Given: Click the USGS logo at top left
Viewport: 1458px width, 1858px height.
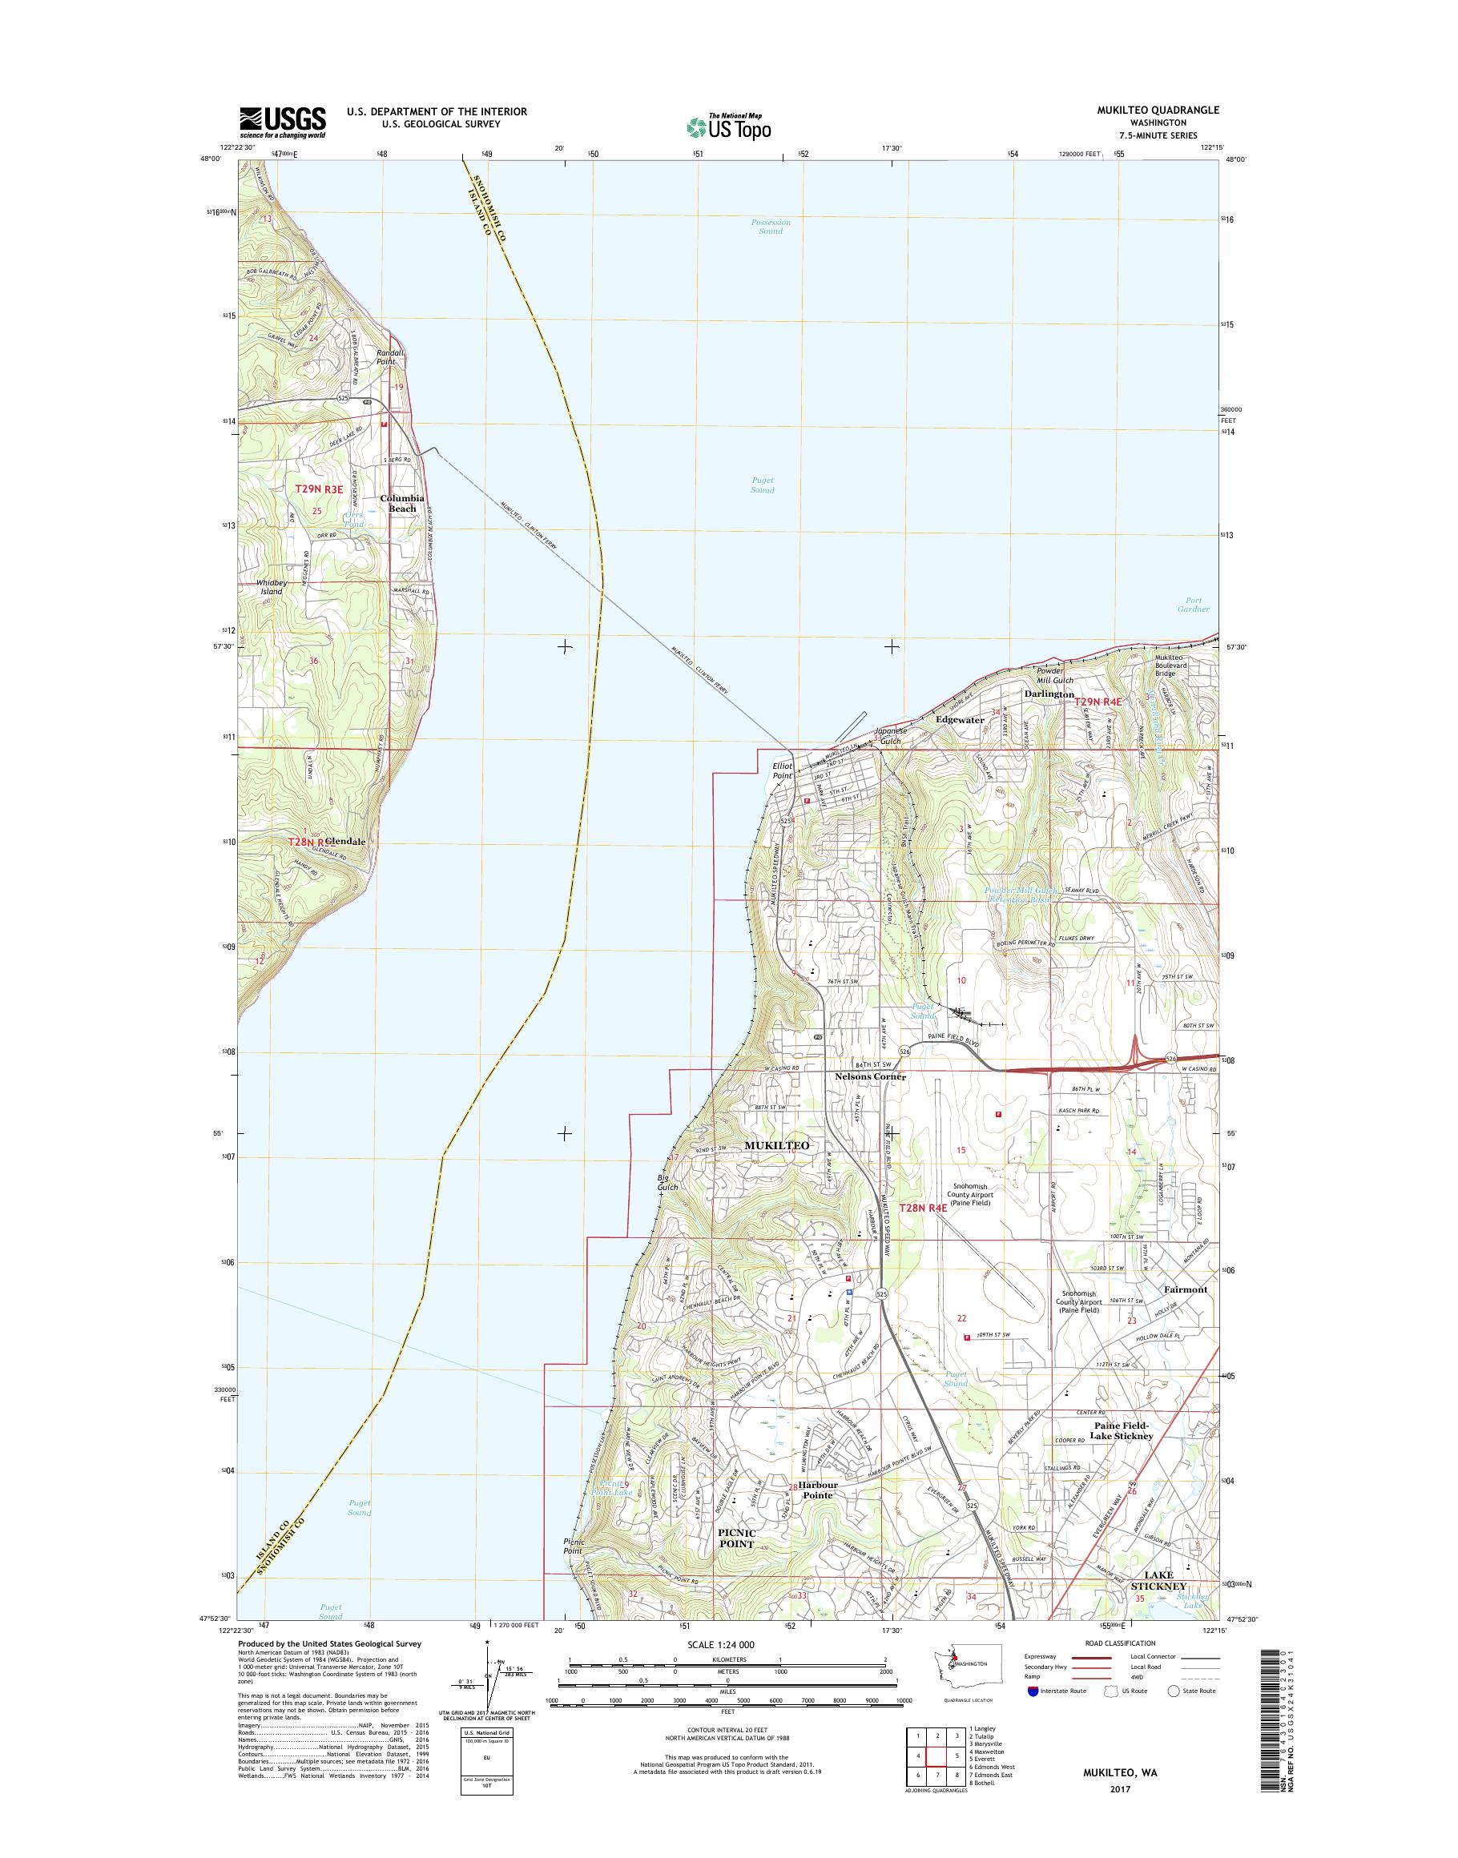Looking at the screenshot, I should click(x=282, y=122).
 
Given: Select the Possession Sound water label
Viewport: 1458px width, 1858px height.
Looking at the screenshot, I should click(x=770, y=226).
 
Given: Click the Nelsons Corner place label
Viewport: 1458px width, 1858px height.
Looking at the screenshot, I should click(x=869, y=1077).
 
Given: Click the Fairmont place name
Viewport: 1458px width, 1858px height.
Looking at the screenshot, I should click(x=1186, y=1289).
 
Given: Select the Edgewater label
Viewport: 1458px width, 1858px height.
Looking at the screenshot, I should click(x=960, y=720).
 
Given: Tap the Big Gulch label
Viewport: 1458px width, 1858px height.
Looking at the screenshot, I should click(x=667, y=1182).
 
